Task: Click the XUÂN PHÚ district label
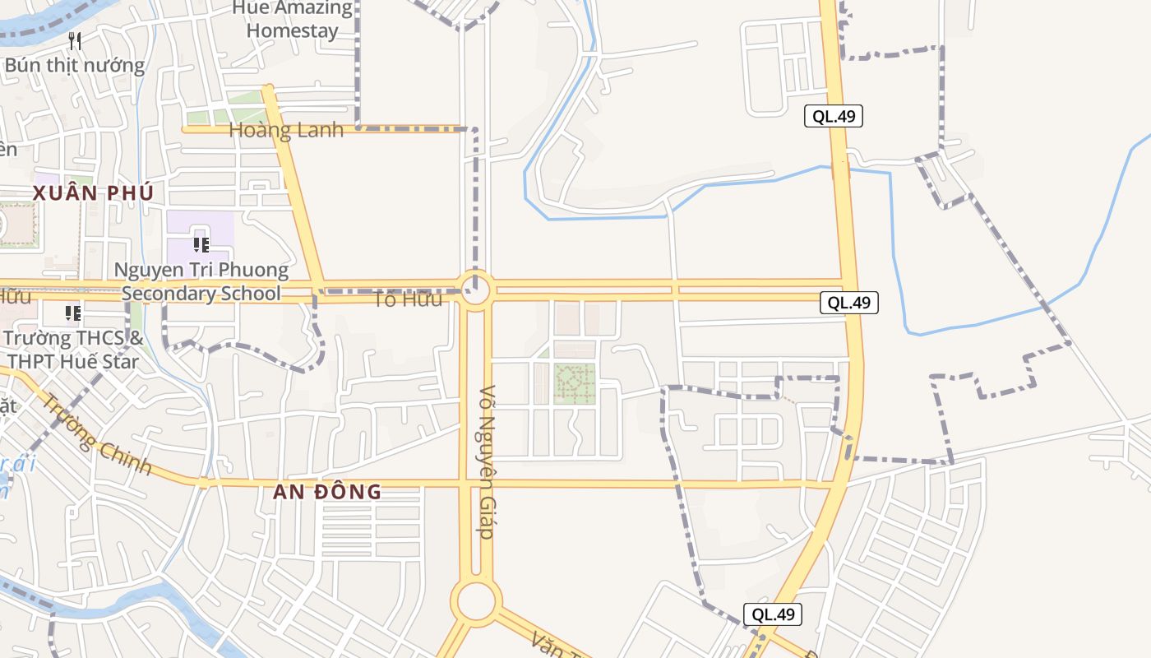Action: [x=93, y=193]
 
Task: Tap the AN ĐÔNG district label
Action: [x=327, y=492]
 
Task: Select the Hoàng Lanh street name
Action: [x=286, y=130]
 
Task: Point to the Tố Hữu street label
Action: [x=408, y=299]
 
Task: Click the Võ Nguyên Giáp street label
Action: [x=487, y=462]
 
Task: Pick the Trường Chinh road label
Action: [x=97, y=435]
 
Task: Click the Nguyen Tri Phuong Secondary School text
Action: [x=201, y=281]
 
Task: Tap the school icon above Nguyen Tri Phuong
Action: [x=201, y=244]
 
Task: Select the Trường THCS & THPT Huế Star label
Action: [x=74, y=350]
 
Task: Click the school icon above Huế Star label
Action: [x=73, y=313]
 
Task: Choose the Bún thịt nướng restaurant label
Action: [x=75, y=65]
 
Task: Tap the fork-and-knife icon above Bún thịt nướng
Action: [x=75, y=40]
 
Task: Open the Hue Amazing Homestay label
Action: [x=293, y=20]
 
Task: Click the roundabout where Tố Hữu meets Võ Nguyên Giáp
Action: [x=475, y=290]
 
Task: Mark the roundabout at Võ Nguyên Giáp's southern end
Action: [x=476, y=600]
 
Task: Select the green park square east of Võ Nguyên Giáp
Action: [x=575, y=383]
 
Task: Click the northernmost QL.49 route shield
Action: [x=834, y=116]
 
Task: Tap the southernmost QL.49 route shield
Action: [x=773, y=614]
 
